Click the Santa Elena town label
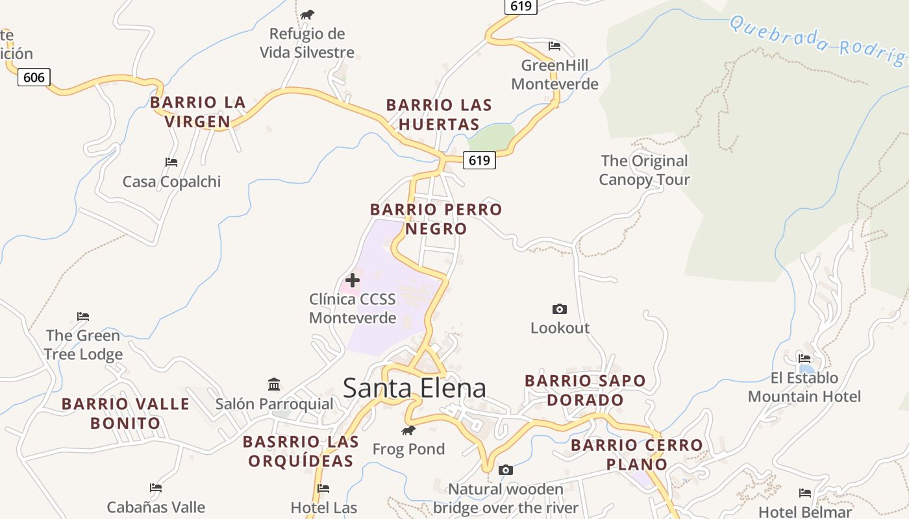coord(414,388)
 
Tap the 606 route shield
coord(34,78)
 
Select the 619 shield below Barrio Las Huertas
coord(479,160)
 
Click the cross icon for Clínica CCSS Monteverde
coord(353,280)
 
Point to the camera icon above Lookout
coord(559,309)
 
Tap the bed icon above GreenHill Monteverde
coord(554,46)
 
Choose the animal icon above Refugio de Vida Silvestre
coord(307,14)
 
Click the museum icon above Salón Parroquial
coord(274,385)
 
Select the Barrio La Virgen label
coord(197,112)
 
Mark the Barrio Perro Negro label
coord(436,219)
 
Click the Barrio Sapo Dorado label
coord(585,390)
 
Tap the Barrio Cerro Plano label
coord(636,454)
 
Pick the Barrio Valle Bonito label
coord(125,413)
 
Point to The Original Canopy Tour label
coord(644,170)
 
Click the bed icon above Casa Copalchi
coord(171,162)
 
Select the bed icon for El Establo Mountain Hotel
coord(804,358)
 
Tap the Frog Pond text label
coord(408,449)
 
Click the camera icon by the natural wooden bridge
coord(505,470)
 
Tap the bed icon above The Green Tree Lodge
coord(82,317)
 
